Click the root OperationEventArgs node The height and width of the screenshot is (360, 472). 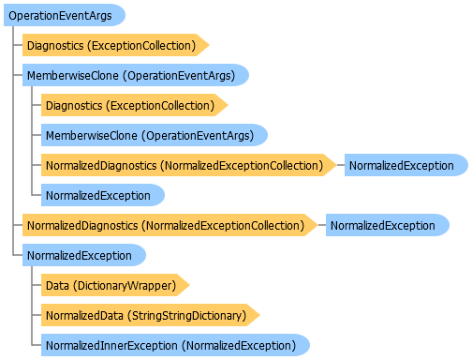[65, 15]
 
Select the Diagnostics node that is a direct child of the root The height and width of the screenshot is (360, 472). [115, 45]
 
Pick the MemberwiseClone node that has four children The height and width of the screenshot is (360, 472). [136, 75]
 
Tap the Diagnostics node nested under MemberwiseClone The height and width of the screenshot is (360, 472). [134, 105]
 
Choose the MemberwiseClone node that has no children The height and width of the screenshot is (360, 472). [155, 135]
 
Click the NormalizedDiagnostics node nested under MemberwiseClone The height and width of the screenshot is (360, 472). [188, 165]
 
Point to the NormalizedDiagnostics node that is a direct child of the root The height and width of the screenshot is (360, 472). [170, 225]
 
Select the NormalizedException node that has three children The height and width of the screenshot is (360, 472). [84, 255]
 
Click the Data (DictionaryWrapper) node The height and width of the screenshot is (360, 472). [115, 285]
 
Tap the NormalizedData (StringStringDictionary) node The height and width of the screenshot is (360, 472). [150, 315]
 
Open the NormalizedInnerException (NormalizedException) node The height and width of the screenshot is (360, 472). [175, 345]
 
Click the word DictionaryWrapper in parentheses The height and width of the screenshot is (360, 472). [125, 286]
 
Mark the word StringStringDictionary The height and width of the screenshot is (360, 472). [187, 316]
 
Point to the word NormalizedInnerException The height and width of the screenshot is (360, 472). [111, 346]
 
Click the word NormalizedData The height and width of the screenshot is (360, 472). [84, 315]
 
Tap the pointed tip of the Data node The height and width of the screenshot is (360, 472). [189, 285]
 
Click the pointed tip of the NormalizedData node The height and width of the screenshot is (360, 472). [259, 315]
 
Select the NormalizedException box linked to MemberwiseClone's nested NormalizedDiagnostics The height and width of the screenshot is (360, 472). [406, 165]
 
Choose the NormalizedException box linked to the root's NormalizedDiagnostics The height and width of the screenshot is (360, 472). [388, 225]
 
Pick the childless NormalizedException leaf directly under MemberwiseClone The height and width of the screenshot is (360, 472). [103, 195]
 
